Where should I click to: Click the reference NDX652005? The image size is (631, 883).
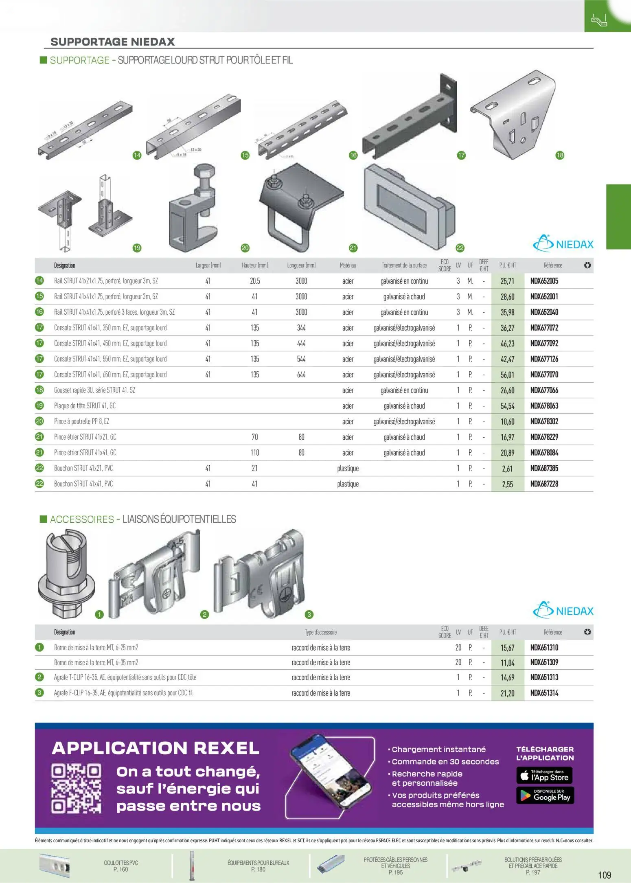(x=544, y=281)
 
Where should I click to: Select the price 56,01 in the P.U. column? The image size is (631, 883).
(x=507, y=375)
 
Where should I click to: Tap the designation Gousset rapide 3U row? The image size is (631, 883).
(x=94, y=390)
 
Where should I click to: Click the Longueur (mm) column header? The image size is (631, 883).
(x=301, y=265)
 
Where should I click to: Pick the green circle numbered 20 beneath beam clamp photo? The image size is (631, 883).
(x=245, y=248)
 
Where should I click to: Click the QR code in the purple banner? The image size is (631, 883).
(x=76, y=789)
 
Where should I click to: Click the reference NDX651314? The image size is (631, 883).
(x=544, y=693)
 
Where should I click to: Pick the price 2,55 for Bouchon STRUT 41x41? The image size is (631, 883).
(x=507, y=484)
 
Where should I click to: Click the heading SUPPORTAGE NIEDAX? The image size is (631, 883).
(x=112, y=42)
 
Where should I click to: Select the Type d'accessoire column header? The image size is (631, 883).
(x=321, y=632)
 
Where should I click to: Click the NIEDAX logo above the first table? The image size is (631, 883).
(x=563, y=244)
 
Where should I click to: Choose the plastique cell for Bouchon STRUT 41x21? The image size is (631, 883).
(x=348, y=469)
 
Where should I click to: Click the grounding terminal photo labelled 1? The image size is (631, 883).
(x=66, y=574)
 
